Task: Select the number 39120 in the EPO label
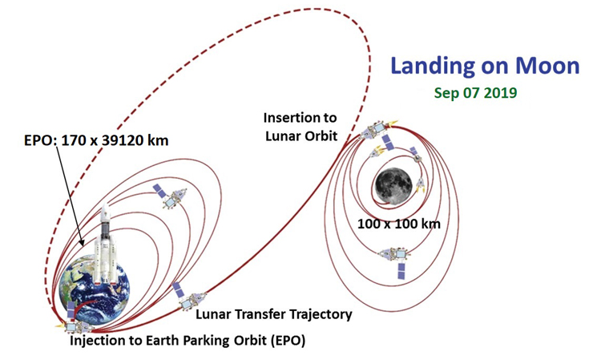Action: (x=120, y=140)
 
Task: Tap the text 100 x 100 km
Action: (x=398, y=224)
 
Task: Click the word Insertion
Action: (x=300, y=118)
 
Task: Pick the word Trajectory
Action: (x=321, y=315)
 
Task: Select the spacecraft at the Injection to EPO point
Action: (x=75, y=322)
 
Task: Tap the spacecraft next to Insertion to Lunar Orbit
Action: (x=377, y=133)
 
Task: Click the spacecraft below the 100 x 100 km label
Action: (x=397, y=260)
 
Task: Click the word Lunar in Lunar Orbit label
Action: (x=283, y=136)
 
